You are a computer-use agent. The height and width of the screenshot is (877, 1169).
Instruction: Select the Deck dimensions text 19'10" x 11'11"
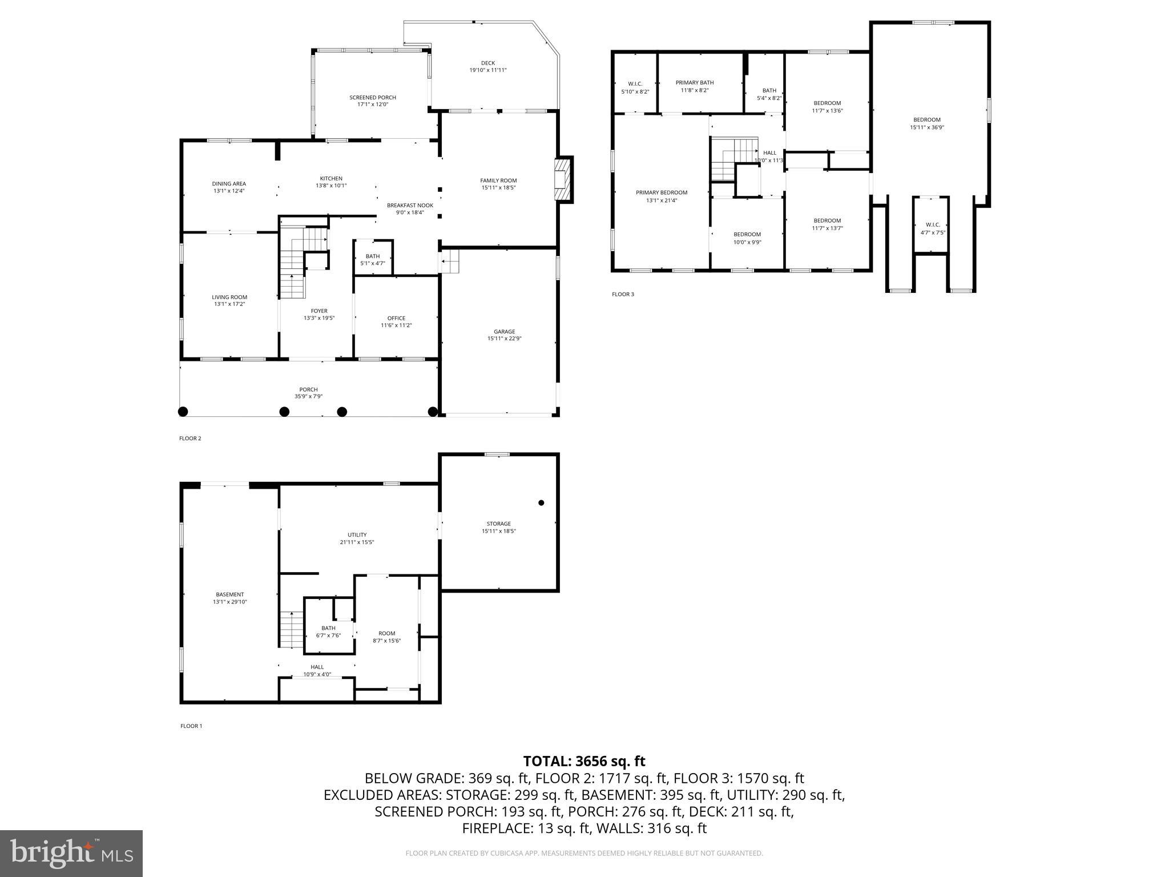click(x=487, y=70)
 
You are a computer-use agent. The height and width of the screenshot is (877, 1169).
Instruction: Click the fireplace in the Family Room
click(x=563, y=179)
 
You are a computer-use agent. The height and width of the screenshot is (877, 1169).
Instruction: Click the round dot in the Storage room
click(x=541, y=503)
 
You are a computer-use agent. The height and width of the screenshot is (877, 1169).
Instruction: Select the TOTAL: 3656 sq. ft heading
click(x=584, y=761)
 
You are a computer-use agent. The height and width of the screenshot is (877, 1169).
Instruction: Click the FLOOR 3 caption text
click(x=623, y=295)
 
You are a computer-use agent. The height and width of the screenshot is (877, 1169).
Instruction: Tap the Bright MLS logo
click(x=71, y=853)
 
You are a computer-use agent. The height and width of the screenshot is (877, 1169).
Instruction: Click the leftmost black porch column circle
click(x=183, y=412)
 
